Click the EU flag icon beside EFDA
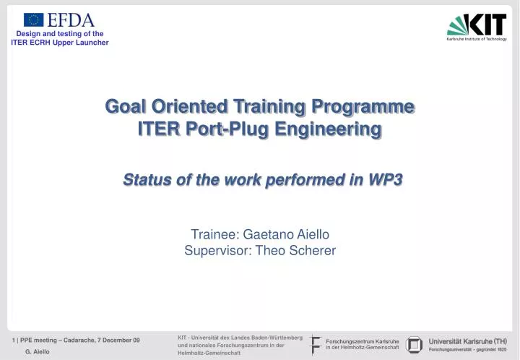(x=33, y=20)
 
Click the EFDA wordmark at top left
(x=71, y=20)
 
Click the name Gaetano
(x=268, y=234)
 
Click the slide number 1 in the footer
(x=14, y=340)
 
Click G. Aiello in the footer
(x=38, y=351)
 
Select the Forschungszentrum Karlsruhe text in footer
(x=357, y=341)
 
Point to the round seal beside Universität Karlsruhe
(x=414, y=345)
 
